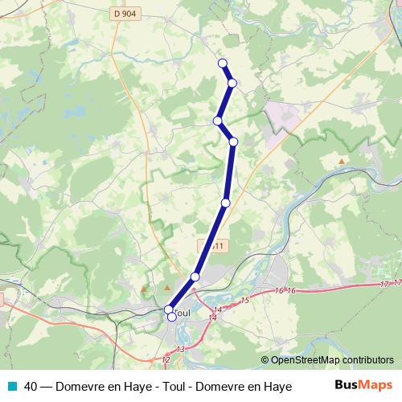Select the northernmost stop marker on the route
[223, 64]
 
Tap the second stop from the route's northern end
[232, 83]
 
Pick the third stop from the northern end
[217, 121]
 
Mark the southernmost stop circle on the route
[172, 317]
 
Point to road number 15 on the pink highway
[245, 300]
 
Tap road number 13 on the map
[180, 349]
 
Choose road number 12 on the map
[166, 359]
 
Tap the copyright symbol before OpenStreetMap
[265, 360]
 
